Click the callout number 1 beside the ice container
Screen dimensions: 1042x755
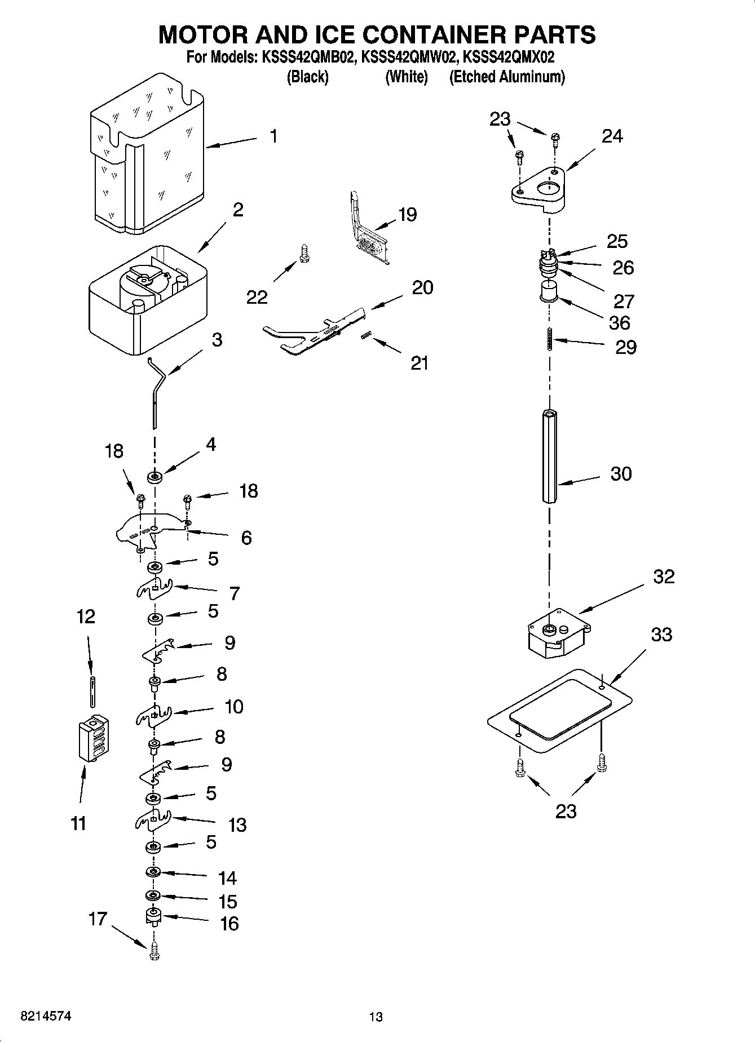(273, 136)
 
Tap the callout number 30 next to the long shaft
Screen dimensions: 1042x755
(621, 474)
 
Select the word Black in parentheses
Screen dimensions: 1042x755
(307, 77)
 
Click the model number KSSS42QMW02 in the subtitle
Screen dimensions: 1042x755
(407, 57)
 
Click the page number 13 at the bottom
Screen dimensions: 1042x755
(376, 1017)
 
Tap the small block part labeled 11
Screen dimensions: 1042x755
(93, 738)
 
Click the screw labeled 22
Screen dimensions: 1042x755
(304, 252)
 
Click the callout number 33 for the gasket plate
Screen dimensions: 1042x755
(661, 635)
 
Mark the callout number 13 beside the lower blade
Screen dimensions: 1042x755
(237, 825)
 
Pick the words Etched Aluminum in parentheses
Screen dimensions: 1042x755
(506, 77)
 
